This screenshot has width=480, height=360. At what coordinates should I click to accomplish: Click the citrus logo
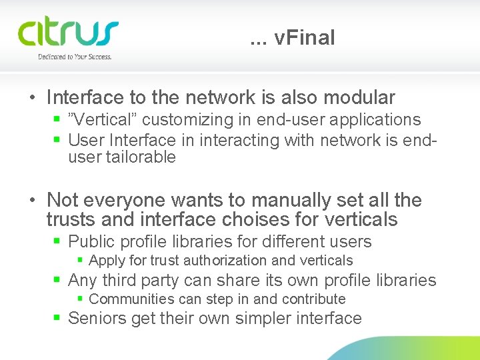[x=68, y=33]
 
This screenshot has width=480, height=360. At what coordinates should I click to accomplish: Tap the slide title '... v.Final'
[x=293, y=38]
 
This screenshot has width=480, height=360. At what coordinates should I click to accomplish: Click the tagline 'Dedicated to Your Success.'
[x=75, y=57]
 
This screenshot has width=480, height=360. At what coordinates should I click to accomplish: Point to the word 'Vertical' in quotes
[x=103, y=120]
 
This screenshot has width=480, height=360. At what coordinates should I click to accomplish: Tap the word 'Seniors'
[x=97, y=318]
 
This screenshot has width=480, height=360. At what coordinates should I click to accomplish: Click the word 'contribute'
[x=313, y=299]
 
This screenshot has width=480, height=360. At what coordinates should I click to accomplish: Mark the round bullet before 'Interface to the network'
[x=33, y=99]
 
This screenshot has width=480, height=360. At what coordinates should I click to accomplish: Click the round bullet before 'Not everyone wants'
[x=33, y=201]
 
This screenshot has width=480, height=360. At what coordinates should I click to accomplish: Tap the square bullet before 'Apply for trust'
[x=80, y=261]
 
